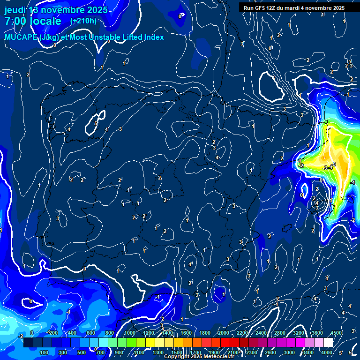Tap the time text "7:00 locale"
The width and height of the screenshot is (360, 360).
click(x=33, y=21)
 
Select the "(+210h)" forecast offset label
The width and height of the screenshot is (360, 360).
click(x=83, y=21)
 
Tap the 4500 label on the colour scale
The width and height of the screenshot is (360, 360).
click(x=336, y=333)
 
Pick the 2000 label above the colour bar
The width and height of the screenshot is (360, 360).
click(x=224, y=333)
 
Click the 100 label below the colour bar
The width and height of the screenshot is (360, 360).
click(x=44, y=352)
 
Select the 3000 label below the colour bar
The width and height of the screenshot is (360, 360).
click(x=289, y=352)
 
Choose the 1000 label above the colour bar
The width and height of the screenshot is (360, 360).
click(x=129, y=333)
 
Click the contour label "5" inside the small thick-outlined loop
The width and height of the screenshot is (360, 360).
click(x=96, y=123)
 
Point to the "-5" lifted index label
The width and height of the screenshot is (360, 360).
click(x=333, y=164)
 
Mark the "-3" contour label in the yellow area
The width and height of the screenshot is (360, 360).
click(x=325, y=168)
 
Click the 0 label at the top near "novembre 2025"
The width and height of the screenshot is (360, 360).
click(x=180, y=16)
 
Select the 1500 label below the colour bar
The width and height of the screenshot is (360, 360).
click(x=177, y=352)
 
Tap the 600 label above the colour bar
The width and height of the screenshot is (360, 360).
click(x=91, y=333)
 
